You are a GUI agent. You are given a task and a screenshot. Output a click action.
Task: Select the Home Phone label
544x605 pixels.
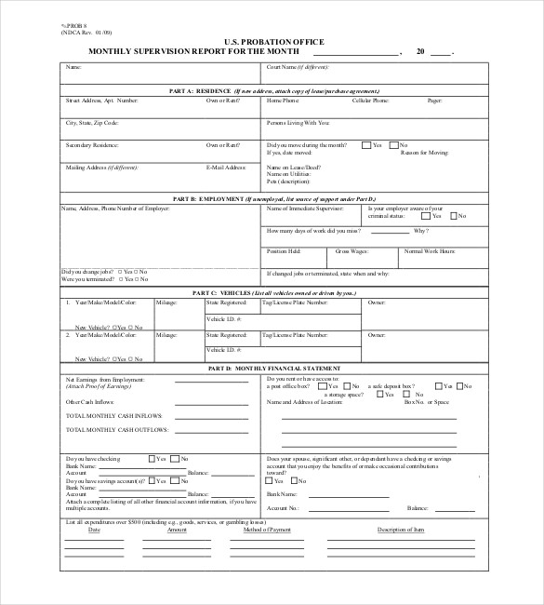[x=283, y=100]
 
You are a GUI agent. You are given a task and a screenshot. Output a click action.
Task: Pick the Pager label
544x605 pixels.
[x=433, y=100]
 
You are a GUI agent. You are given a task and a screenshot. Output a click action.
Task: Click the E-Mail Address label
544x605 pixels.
[x=226, y=168]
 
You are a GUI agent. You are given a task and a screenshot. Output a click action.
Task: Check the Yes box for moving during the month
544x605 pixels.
[x=366, y=145]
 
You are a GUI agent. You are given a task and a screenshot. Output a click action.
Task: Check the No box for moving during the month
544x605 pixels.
[x=393, y=145]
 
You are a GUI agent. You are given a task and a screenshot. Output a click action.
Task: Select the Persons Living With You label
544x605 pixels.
[x=299, y=122]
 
